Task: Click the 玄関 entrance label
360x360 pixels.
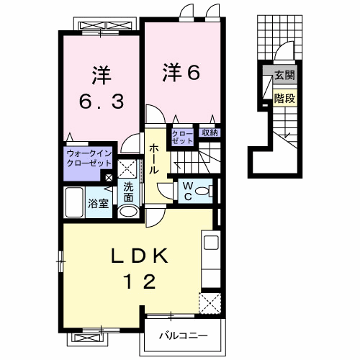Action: point(284,74)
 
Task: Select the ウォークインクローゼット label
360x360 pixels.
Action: point(88,158)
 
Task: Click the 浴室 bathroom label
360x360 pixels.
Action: point(99,204)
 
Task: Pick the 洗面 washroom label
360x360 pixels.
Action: point(128,192)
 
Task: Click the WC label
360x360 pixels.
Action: point(186,191)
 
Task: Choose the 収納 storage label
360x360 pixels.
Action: point(210,132)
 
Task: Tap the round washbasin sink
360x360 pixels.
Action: point(128,212)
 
